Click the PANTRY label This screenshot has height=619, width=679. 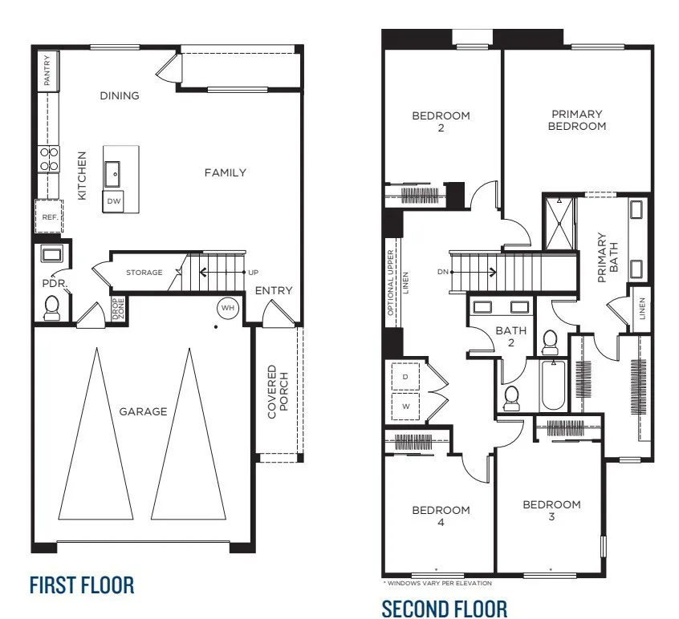48,71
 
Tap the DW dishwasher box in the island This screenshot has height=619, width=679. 114,201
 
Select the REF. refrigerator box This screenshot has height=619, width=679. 47,216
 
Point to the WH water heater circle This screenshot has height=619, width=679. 226,308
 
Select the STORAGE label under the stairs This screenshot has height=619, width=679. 144,273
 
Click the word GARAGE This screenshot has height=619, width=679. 143,411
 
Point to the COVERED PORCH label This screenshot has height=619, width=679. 278,392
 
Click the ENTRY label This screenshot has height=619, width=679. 274,290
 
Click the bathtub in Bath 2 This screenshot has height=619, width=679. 553,386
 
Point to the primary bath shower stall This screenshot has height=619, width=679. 559,224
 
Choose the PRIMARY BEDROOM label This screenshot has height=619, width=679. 577,120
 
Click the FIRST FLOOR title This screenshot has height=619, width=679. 82,585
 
